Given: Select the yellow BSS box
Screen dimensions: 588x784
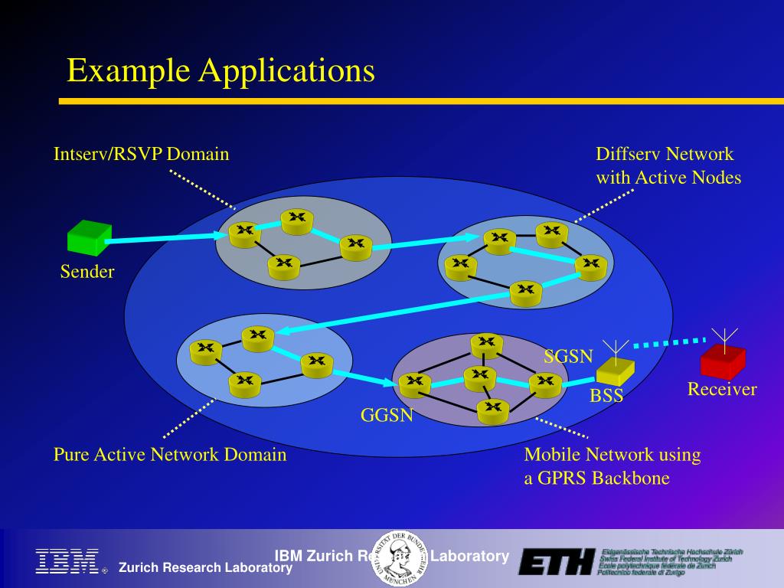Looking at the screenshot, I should [615, 371].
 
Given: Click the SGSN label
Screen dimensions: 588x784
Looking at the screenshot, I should [568, 356].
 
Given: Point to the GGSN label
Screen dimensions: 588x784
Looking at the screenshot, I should [387, 416].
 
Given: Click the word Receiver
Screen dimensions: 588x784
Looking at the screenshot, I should [721, 390].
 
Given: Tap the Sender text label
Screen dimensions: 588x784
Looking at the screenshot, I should [87, 272].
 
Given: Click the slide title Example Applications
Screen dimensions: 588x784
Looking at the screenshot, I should [220, 71].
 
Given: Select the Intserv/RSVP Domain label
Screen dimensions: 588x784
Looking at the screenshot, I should [141, 154].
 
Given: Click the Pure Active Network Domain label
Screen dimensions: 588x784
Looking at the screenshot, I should [170, 455].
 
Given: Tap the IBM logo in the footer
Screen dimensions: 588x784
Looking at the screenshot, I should [67, 560].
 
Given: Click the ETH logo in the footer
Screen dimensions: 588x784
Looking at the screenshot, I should [557, 561].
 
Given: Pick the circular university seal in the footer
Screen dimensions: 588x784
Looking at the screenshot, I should [400, 557].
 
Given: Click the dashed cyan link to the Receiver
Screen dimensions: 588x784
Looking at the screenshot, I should [670, 342].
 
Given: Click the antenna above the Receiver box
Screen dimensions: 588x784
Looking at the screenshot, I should [724, 336].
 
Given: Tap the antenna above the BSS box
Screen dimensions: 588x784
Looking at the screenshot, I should [616, 348].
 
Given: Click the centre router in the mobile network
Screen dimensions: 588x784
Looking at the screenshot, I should [480, 377].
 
